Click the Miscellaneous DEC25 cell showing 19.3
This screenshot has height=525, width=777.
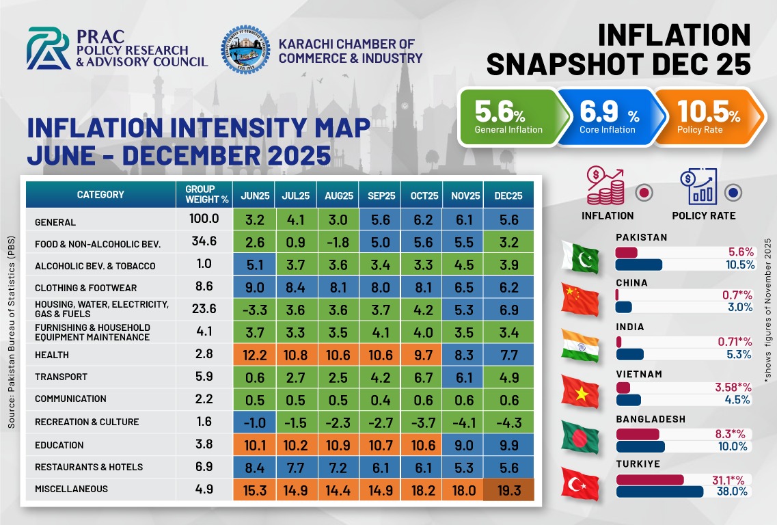pyautogui.click(x=508, y=489)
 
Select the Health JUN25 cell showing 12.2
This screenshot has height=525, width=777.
pyautogui.click(x=254, y=355)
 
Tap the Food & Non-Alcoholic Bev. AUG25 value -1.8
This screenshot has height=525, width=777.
pyautogui.click(x=338, y=244)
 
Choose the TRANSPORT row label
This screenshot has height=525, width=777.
pyautogui.click(x=62, y=377)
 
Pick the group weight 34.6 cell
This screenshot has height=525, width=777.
pyautogui.click(x=203, y=243)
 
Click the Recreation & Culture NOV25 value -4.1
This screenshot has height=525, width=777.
pyautogui.click(x=463, y=422)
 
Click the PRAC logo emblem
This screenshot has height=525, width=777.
pyautogui.click(x=49, y=49)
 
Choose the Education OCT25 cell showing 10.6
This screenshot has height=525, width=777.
pyautogui.click(x=422, y=445)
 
